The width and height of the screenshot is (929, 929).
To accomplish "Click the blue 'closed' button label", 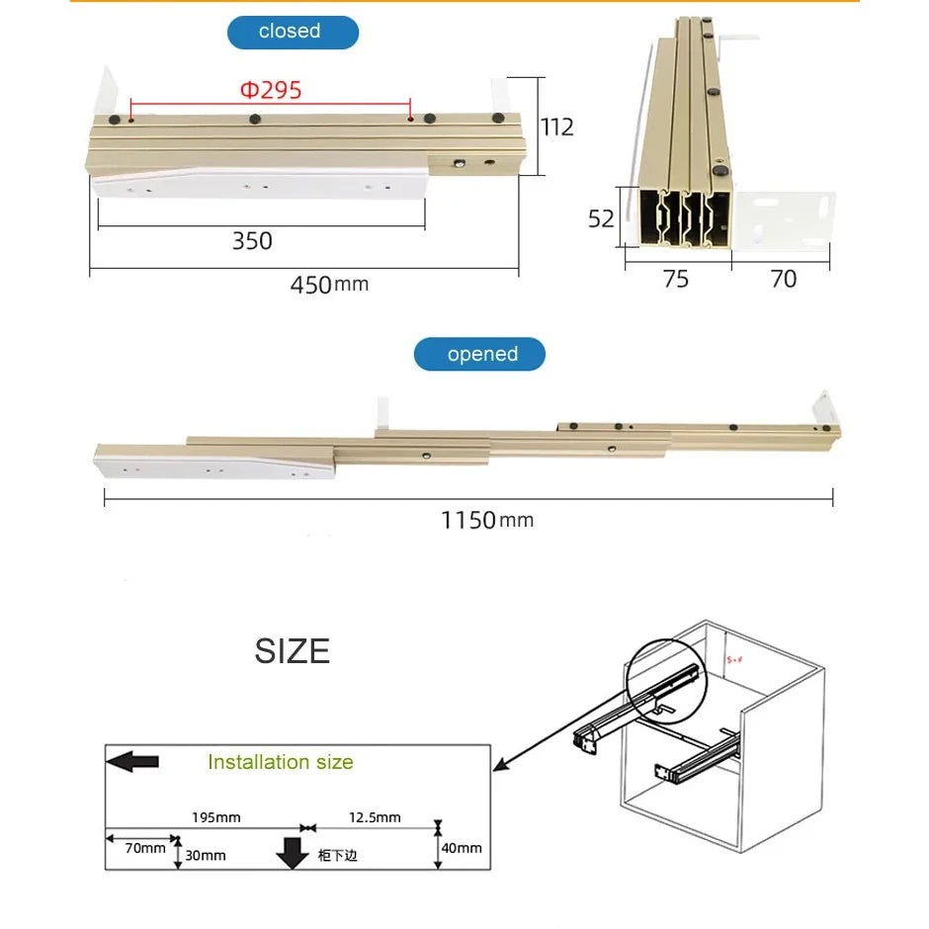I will tap(293, 32).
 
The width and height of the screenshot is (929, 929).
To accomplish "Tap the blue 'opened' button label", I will tap(479, 354).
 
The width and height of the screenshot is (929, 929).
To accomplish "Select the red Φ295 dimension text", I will tap(271, 91).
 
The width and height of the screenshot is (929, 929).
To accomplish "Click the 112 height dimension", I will tap(556, 127).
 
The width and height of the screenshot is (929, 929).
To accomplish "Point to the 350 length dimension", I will tap(252, 241).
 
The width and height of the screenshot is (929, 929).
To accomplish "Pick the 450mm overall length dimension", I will tap(328, 285).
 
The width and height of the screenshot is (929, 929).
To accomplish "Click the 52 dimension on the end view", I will tap(601, 218).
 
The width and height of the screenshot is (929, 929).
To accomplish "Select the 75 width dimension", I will tap(675, 280).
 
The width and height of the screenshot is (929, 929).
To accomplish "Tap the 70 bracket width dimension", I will tap(783, 280).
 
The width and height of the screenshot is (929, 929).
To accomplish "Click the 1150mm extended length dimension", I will tap(486, 520).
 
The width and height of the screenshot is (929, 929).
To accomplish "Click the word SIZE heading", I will tap(292, 651).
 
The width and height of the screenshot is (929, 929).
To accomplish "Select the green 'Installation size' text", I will tap(280, 762).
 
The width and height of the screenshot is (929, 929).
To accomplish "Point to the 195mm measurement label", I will tap(214, 817).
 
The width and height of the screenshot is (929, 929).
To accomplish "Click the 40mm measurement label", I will tap(462, 848).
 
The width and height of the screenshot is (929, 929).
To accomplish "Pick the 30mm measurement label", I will tap(206, 855).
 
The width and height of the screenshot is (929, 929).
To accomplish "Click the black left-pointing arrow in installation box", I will tap(131, 761).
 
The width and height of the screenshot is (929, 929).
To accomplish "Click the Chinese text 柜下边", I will tap(337, 855).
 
